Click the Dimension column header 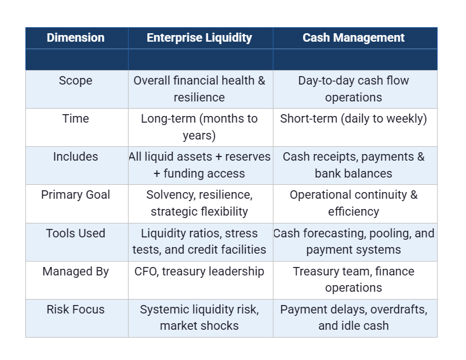pyautogui.click(x=75, y=37)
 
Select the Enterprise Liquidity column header pyautogui.click(x=199, y=37)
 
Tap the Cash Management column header pyautogui.click(x=354, y=37)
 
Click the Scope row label pyautogui.click(x=75, y=81)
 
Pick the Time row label pyautogui.click(x=75, y=119)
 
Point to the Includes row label pyautogui.click(x=75, y=157)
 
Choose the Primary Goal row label pyautogui.click(x=75, y=195)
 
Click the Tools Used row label pyautogui.click(x=75, y=233)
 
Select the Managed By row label pyautogui.click(x=75, y=271)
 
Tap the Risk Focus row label pyautogui.click(x=75, y=309)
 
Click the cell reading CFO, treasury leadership pyautogui.click(x=199, y=272)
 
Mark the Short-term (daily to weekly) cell pyautogui.click(x=354, y=119)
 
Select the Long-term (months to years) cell pyautogui.click(x=199, y=127)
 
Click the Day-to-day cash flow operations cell pyautogui.click(x=354, y=89)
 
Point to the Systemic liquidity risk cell pyautogui.click(x=199, y=317)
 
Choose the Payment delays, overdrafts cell pyautogui.click(x=354, y=317)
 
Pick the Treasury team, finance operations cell pyautogui.click(x=354, y=279)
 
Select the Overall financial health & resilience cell pyautogui.click(x=199, y=89)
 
